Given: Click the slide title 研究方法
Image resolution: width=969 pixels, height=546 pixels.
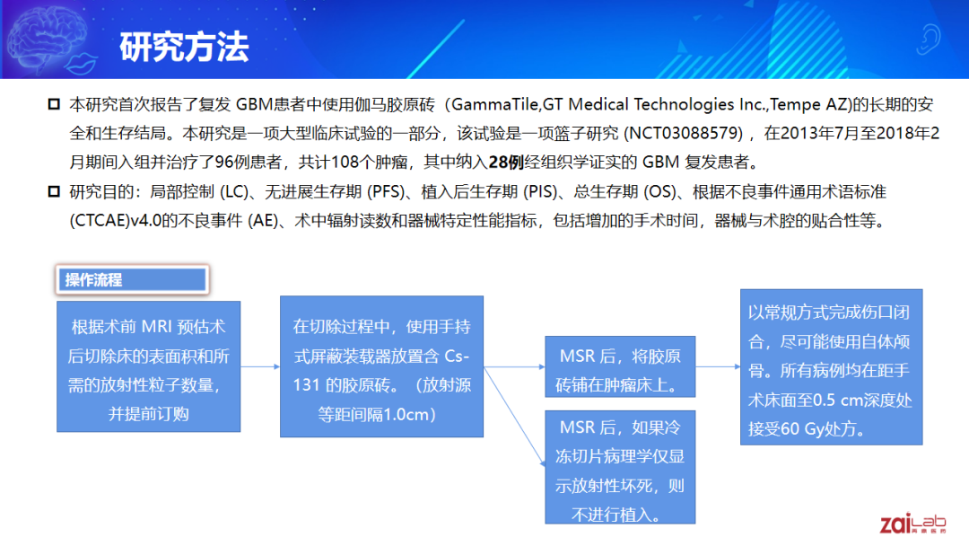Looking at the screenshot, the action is click(x=184, y=47).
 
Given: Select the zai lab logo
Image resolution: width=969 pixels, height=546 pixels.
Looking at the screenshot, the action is click(x=912, y=524).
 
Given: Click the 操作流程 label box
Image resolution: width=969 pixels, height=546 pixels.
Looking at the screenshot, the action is click(x=132, y=279).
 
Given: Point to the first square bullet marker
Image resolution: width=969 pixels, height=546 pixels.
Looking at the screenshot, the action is click(x=54, y=104).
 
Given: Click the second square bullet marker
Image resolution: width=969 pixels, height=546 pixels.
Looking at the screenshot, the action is click(x=54, y=191).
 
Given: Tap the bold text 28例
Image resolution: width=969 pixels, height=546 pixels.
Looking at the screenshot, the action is click(x=506, y=162).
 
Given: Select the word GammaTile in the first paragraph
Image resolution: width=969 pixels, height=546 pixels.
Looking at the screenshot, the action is click(x=495, y=104).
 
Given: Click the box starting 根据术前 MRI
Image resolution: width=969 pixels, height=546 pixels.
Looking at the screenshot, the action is click(x=148, y=366).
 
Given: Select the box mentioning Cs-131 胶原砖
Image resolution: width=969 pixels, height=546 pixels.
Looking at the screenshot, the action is click(x=381, y=366).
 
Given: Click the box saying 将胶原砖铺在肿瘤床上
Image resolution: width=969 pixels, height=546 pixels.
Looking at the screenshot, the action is click(x=620, y=366).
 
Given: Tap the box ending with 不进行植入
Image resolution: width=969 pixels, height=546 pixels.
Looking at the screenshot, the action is click(x=620, y=468).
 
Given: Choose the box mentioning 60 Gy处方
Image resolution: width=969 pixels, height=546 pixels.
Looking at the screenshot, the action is click(x=831, y=366).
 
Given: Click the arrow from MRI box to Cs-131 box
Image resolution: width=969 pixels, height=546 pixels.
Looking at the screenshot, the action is click(x=260, y=366).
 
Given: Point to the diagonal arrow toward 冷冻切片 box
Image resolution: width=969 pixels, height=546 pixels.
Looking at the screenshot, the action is click(x=514, y=416).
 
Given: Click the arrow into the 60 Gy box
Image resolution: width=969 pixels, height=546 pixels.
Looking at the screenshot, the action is click(x=718, y=366).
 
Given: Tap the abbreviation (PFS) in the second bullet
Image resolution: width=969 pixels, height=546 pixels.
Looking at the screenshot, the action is click(x=386, y=191).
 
